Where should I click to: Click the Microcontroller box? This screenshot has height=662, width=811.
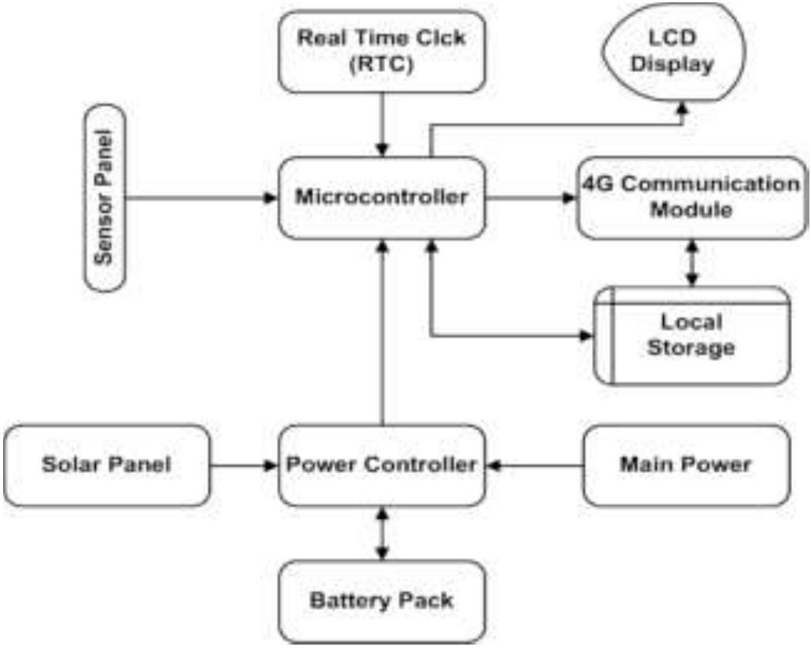coord(381,197)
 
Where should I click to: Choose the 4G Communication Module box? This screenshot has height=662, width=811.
coord(692,197)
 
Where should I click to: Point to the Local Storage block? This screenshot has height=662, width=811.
coord(692,336)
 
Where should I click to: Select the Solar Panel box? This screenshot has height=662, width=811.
coord(107,465)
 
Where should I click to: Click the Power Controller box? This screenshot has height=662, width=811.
coord(381,465)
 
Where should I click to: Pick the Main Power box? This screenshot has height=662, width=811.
coord(685,465)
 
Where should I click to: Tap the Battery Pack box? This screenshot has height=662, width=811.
coord(381,601)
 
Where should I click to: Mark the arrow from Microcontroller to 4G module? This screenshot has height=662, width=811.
coord(531,198)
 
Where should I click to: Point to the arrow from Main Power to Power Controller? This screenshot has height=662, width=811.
coord(534,466)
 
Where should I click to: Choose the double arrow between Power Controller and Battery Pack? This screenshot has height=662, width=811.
coord(383,533)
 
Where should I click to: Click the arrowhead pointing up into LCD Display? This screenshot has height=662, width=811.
coord(682,112)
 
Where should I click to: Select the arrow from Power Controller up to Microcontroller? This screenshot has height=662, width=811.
coord(383,333)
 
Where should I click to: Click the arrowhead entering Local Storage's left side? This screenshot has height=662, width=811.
coord(586,337)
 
